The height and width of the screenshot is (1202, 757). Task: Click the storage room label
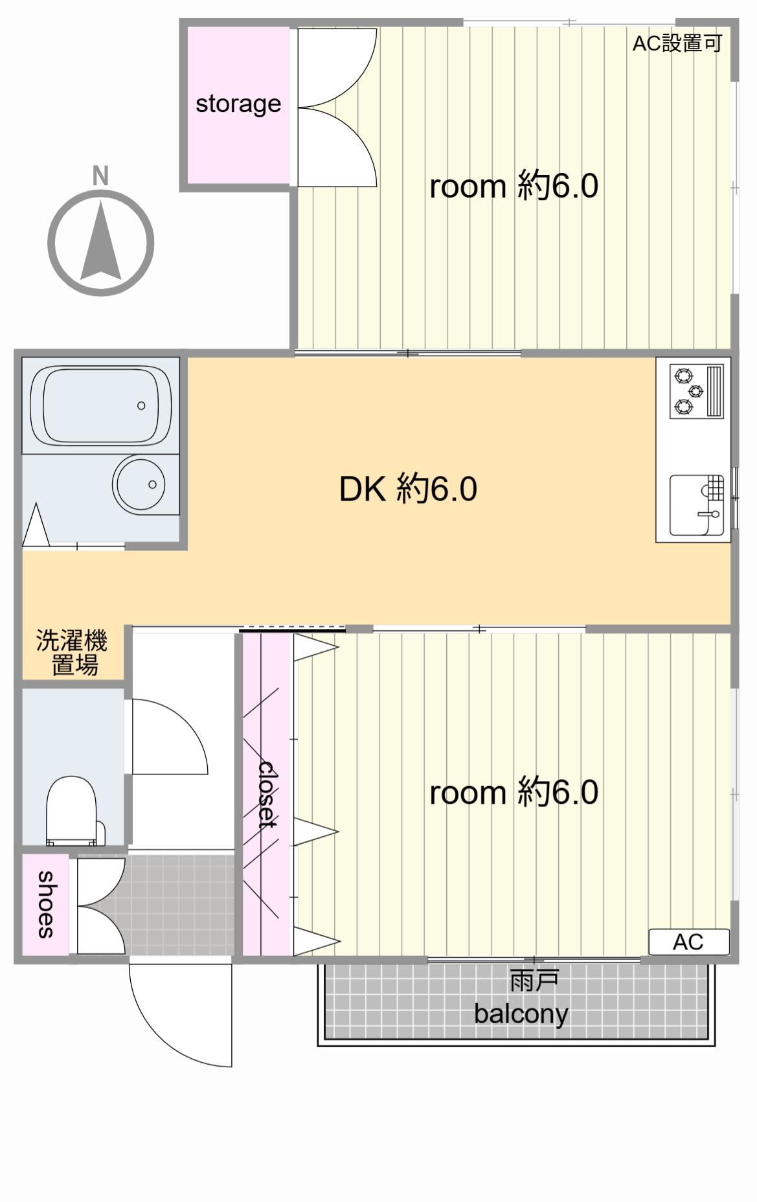coord(238,104)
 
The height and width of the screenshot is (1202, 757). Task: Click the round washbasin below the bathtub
coord(139,484)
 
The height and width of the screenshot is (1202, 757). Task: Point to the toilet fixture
coord(73,811)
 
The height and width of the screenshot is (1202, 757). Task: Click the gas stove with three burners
coord(696,392)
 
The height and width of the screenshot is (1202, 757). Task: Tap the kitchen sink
coord(696,505)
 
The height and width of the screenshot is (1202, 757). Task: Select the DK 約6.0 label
coord(408,489)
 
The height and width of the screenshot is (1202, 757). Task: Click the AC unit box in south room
coord(689,942)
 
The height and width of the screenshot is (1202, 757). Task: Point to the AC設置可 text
coord(677,43)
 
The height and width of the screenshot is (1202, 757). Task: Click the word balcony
coord(521,1014)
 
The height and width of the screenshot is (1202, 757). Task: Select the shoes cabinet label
coord(45,904)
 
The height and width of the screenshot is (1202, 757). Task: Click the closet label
coord(267,794)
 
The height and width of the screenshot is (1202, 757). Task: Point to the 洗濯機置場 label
coord(72,653)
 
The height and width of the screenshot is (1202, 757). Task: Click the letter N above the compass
coord(100,176)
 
